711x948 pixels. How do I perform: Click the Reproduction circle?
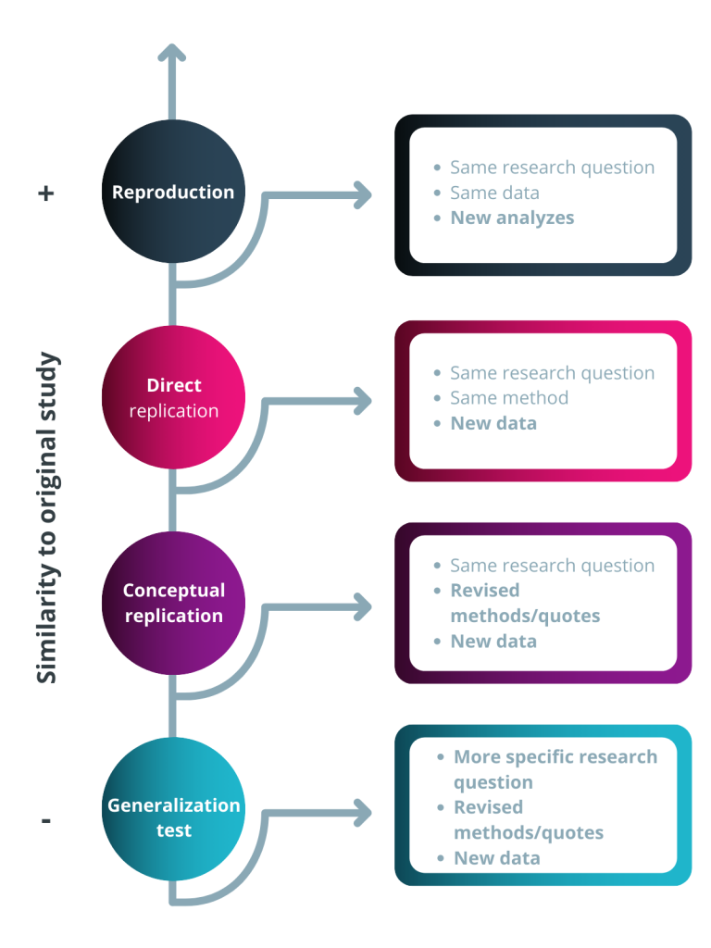[173, 193]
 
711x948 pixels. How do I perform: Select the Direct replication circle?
[173, 398]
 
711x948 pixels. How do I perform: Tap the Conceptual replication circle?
[173, 603]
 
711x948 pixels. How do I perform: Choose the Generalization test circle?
[173, 817]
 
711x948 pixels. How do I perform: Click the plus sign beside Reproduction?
[46, 193]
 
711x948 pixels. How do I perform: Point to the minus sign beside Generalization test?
[46, 820]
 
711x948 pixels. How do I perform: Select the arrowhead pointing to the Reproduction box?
[362, 195]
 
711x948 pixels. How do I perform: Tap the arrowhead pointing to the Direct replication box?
[362, 401]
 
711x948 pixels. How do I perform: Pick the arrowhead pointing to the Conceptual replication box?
[362, 607]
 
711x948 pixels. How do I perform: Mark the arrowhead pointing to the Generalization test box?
[362, 814]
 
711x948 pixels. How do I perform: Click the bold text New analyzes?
[512, 218]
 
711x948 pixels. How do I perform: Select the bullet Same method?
[509, 398]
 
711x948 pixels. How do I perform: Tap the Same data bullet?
[494, 193]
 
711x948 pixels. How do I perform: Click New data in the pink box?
[493, 423]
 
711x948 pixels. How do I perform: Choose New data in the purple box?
[493, 641]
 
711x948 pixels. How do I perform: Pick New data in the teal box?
[497, 858]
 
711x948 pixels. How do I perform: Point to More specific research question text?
[555, 768]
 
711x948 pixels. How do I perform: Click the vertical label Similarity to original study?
[47, 518]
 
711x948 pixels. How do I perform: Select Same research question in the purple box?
[552, 566]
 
